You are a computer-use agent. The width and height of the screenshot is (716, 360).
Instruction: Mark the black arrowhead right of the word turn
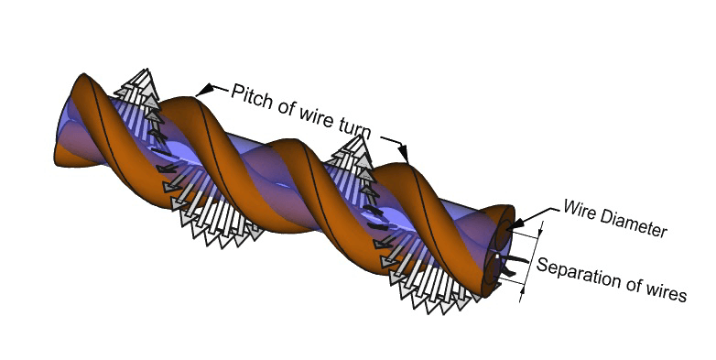403,149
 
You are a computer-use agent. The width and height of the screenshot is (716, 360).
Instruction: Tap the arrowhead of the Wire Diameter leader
515,223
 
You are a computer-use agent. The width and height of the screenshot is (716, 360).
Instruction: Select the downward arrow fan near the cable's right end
430,289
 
